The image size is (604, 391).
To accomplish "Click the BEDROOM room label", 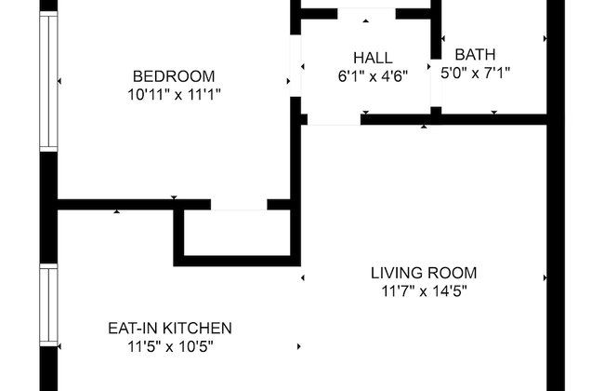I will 174,76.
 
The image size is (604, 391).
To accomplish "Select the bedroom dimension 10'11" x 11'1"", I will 174,94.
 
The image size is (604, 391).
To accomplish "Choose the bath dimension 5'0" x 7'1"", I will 475,72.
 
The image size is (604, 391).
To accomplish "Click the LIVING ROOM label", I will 424,273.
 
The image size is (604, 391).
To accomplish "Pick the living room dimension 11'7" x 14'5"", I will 424,290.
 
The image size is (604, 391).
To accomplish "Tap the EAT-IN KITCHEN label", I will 169,328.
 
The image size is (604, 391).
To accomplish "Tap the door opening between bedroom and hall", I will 296,65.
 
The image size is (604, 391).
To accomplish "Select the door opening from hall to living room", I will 334,118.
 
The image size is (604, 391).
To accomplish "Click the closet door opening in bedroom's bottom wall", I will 239,204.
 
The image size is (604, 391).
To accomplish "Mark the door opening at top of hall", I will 366,13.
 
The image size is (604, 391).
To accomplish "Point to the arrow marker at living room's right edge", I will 545,277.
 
